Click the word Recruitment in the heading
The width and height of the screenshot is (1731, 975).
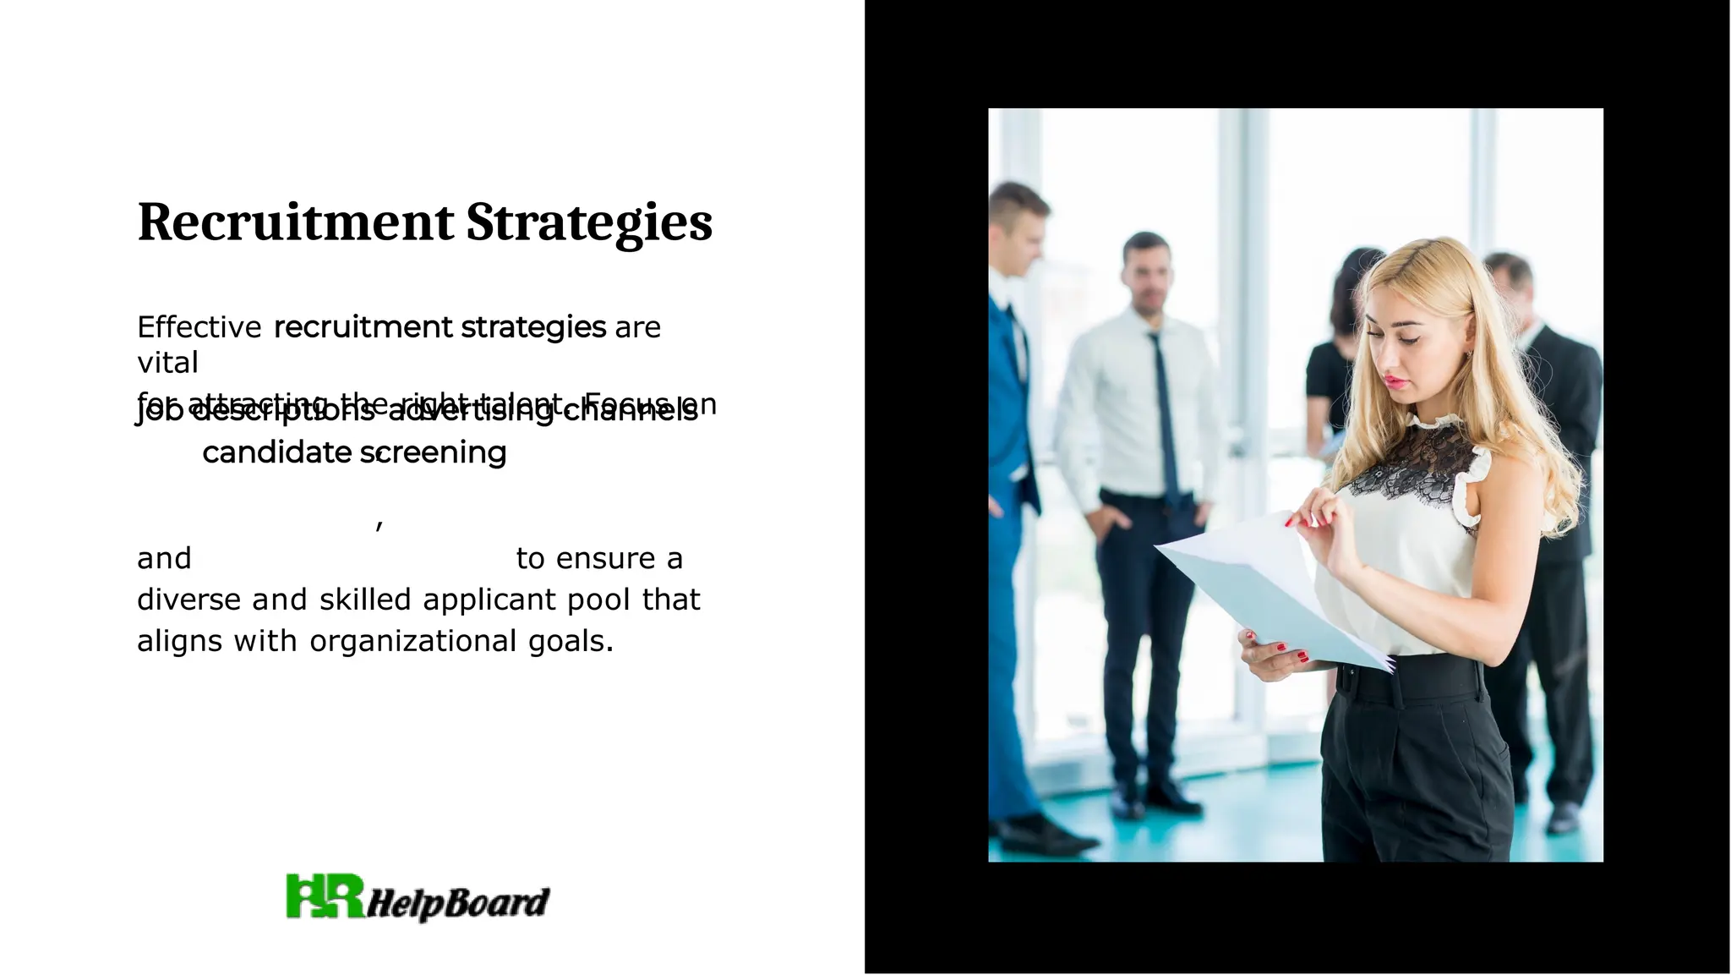(x=296, y=222)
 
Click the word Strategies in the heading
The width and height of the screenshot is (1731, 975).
(x=589, y=222)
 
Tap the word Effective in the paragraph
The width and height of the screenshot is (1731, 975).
(x=199, y=327)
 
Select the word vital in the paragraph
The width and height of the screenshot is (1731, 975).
(x=167, y=363)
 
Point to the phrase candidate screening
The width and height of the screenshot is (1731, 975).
(x=354, y=453)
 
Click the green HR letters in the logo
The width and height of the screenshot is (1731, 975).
(x=325, y=896)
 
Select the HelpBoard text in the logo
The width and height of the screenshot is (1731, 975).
(x=458, y=903)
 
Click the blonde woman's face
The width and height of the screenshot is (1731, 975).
(x=1407, y=355)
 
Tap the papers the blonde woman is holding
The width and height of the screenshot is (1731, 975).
(x=1268, y=592)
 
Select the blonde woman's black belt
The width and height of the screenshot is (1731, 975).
(x=1407, y=681)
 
